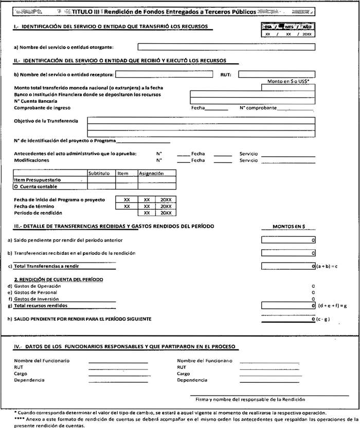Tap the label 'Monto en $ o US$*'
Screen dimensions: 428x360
pos(287,81)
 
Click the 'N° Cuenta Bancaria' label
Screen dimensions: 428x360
pos(35,101)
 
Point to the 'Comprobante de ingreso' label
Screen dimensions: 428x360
pos(42,108)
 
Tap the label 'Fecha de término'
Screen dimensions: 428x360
pos(35,206)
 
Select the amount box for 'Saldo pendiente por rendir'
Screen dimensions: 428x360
pos(288,240)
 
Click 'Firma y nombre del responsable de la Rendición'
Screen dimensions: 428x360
pos(250,399)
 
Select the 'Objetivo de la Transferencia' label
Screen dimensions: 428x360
pos(46,121)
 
